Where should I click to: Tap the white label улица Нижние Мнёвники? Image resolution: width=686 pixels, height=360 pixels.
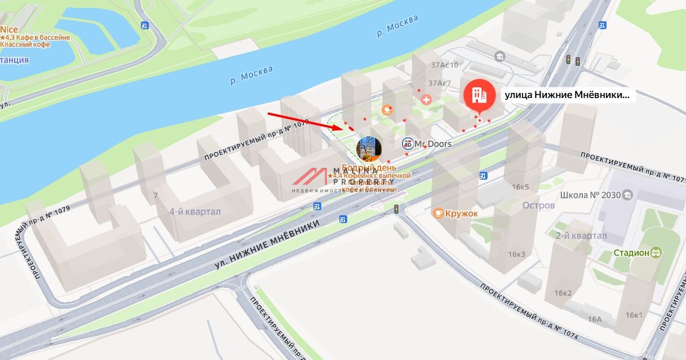click(567, 95)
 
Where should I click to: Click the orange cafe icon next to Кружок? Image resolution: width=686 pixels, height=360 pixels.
click(438, 213)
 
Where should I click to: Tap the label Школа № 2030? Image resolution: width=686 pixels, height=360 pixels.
click(590, 195)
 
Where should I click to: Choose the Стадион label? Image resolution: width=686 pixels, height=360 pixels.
click(631, 253)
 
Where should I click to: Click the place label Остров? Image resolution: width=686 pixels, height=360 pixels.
click(538, 206)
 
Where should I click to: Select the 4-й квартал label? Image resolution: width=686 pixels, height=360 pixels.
click(195, 212)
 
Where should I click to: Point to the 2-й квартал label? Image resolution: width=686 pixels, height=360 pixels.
click(581, 235)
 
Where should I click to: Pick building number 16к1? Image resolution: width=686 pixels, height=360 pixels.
click(634, 315)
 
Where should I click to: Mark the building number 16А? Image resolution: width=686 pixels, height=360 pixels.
click(595, 319)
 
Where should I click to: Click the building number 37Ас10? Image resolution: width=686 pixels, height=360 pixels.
click(444, 65)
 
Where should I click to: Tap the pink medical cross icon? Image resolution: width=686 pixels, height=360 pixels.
click(426, 100)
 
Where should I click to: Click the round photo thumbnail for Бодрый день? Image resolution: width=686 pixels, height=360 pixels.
click(370, 148)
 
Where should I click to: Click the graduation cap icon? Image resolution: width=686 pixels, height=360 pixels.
click(499, 56)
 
